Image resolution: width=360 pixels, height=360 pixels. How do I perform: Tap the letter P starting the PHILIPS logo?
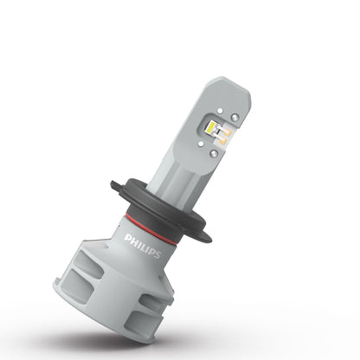tap(127, 235)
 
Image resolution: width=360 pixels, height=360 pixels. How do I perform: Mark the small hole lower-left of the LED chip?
tap(200, 138)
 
